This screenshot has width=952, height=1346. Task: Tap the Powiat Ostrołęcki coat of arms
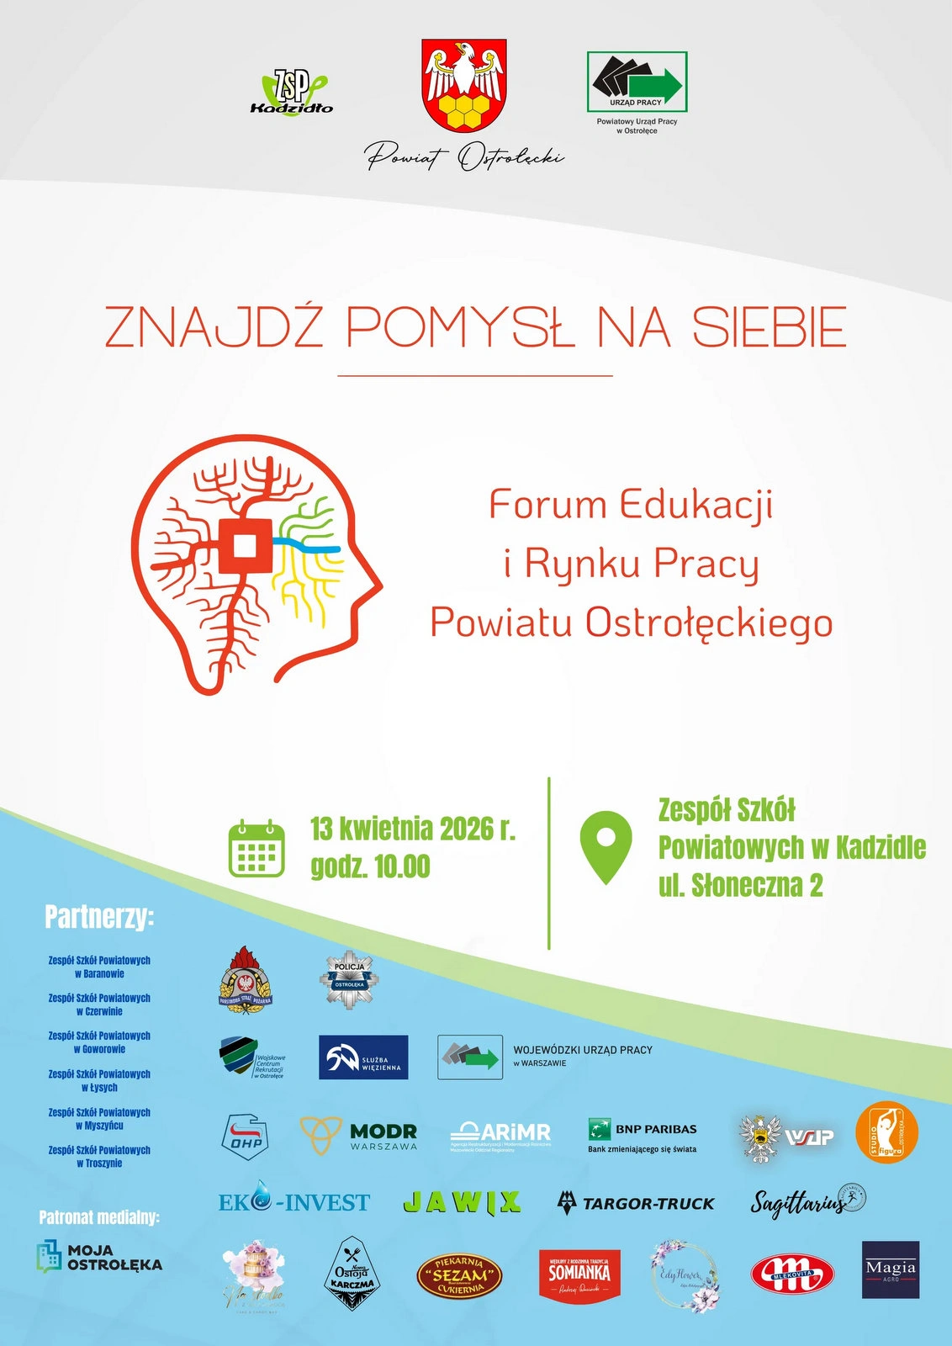464,85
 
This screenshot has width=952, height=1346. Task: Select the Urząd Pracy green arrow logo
637,82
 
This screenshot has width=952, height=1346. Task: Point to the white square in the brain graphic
244,547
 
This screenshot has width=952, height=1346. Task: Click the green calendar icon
257,848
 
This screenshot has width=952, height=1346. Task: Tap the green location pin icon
606,846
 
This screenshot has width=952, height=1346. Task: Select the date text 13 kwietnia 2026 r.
412,829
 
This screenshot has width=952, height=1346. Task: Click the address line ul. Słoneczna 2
740,886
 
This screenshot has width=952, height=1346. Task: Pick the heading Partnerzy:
99,917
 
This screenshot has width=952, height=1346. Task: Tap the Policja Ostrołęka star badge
349,979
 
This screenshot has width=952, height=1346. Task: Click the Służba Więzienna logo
363,1057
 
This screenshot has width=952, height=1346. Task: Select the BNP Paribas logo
643,1135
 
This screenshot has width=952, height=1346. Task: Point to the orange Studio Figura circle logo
886,1132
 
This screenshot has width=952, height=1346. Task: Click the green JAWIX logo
462,1203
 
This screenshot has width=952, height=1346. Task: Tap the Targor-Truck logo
636,1203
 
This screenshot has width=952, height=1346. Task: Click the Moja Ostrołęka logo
99,1257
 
